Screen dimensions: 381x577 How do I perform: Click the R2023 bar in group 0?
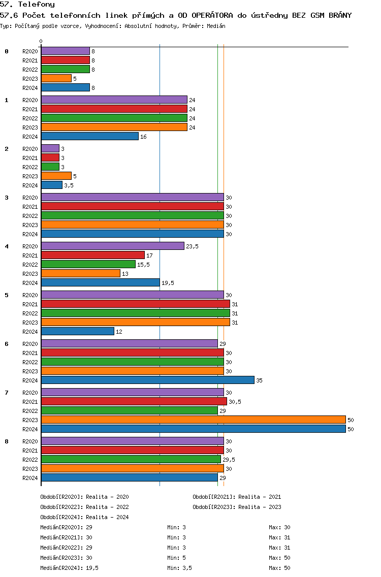pos(56,78)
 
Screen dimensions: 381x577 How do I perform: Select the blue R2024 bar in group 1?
pos(90,136)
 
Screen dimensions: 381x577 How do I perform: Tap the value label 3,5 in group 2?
pos(69,185)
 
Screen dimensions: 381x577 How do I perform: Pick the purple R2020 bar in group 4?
pos(113,246)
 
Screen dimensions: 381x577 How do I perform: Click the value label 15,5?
pos(144,265)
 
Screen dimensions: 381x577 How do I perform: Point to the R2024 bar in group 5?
pos(78,331)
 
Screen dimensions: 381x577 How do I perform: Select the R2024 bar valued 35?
pos(148,380)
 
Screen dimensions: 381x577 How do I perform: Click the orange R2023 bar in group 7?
pos(194,420)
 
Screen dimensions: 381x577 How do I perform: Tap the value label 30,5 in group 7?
pos(235,402)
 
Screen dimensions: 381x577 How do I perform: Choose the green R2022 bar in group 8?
pos(131,459)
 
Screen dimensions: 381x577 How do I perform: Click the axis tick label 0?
pos(41,41)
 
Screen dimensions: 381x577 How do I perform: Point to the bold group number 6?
pos(7,344)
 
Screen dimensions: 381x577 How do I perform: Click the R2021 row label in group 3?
pos(30,207)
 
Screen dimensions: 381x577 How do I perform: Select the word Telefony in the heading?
pos(37,5)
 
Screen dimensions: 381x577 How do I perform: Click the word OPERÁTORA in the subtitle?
pos(212,15)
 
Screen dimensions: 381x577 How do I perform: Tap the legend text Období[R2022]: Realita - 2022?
pos(85,507)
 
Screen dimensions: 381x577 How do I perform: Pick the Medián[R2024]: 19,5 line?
pos(69,568)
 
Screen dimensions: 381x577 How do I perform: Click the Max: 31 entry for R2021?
pos(280,537)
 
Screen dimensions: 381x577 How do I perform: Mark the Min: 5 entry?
pos(177,558)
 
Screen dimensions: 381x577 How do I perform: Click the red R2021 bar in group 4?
pos(93,255)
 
